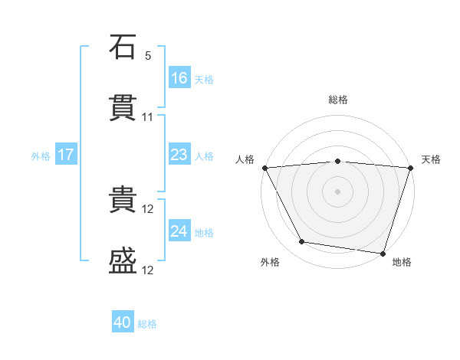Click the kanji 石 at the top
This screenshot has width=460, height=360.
pos(123,47)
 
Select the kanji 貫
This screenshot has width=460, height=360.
pos(123,107)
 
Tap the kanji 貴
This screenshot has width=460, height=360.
pos(123,199)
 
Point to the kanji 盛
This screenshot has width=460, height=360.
pos(123,260)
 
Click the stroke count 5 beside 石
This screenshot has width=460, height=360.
pos(148,56)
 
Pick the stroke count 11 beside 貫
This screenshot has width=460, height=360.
pos(147,117)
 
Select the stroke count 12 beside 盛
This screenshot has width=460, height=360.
pos(147,270)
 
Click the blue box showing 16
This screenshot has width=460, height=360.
pos(179,77)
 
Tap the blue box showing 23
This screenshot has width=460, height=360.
pos(179,154)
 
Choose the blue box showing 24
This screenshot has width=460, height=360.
pos(179,230)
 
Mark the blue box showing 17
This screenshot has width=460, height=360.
pos(66,154)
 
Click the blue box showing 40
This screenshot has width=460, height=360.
pos(123,321)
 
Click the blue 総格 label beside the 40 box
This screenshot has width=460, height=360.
pos(147,324)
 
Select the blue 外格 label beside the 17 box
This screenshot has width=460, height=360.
pos(41,156)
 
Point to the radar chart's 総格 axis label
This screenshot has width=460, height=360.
pos(338,100)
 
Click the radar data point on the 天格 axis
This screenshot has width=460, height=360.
pos(411,168)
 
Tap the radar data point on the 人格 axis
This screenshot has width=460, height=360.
pos(265,168)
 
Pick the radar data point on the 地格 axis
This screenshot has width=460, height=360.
pos(383,254)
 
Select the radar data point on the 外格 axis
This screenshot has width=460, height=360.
pos(302,241)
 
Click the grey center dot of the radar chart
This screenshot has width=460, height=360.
pos(337,191)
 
